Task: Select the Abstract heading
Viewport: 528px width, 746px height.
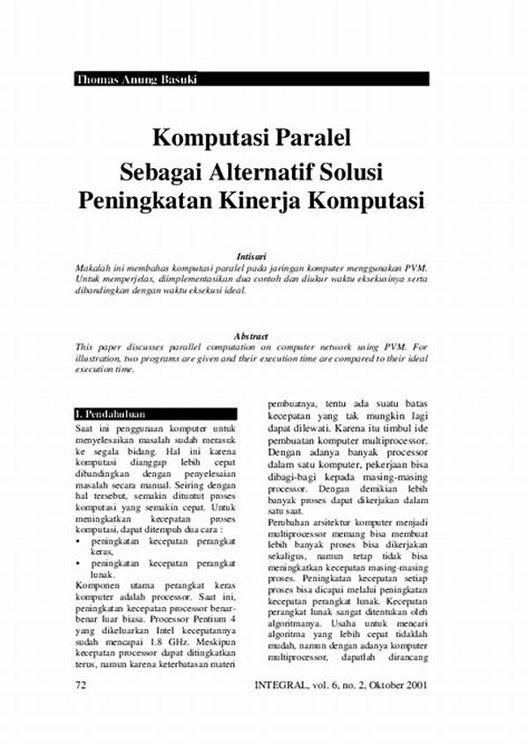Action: point(252,337)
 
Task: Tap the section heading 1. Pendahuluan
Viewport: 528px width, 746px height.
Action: point(109,413)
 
